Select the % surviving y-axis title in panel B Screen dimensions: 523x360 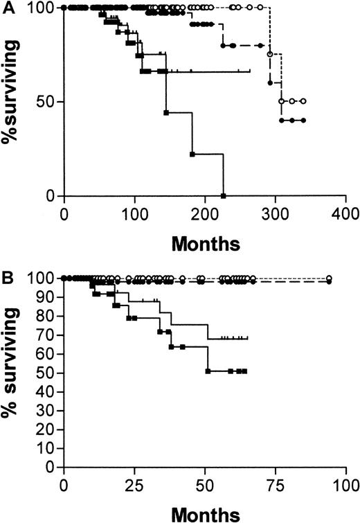15,373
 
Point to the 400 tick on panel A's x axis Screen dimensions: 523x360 345,211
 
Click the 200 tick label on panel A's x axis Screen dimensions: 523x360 204,211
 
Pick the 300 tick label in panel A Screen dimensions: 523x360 275,211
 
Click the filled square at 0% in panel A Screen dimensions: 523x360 224,196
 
